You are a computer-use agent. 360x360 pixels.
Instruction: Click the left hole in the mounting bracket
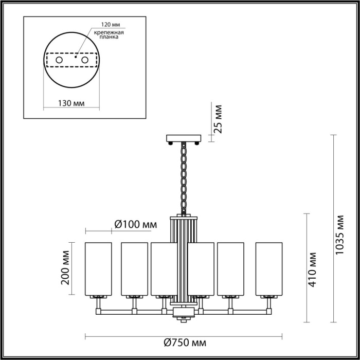tap(59, 61)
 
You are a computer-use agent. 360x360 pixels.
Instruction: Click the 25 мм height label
tap(218, 119)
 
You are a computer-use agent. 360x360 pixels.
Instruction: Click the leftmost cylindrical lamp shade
tap(98, 268)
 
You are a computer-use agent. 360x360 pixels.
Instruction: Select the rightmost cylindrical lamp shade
tap(268, 268)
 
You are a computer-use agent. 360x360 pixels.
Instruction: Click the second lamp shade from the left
tap(134, 268)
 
